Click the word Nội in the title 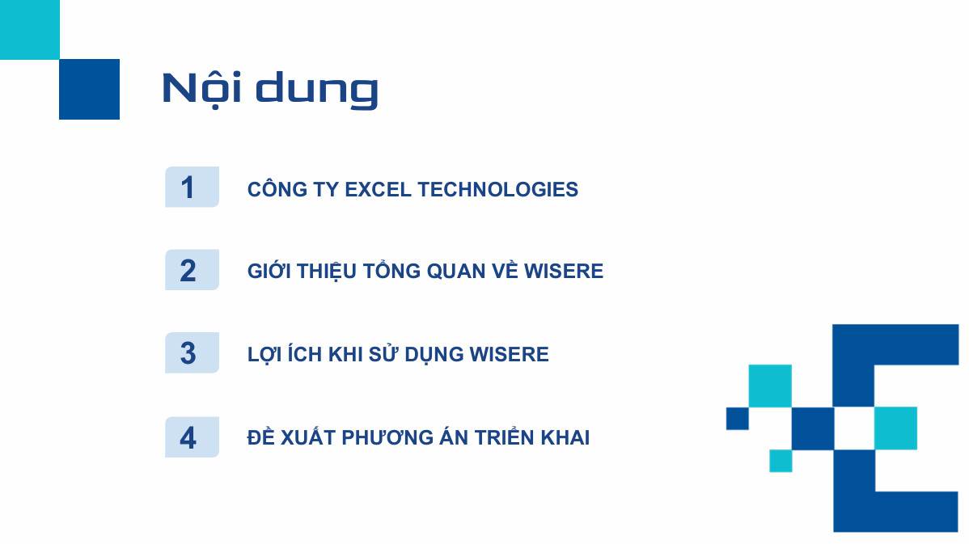pyautogui.click(x=201, y=88)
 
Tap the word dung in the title pyautogui.click(x=317, y=91)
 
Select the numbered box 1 pyautogui.click(x=193, y=187)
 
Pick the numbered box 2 pyautogui.click(x=193, y=270)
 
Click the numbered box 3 pyautogui.click(x=193, y=352)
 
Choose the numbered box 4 pyautogui.click(x=193, y=437)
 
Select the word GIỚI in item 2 pyautogui.click(x=269, y=271)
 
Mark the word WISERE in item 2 pyautogui.click(x=564, y=271)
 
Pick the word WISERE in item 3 pyautogui.click(x=510, y=354)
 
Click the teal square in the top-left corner pyautogui.click(x=30, y=30)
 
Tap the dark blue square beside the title pyautogui.click(x=90, y=90)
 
